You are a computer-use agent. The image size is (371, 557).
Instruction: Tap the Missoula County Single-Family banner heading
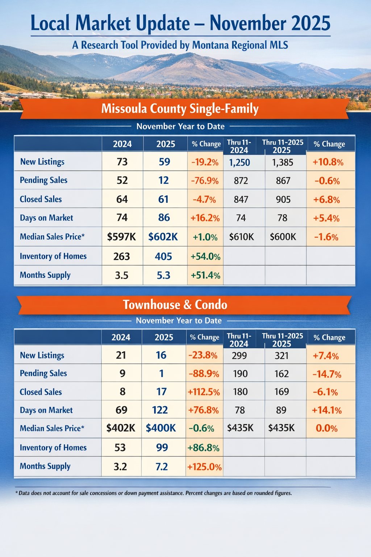(x=180, y=108)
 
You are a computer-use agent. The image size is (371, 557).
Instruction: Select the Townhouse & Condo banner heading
(x=175, y=305)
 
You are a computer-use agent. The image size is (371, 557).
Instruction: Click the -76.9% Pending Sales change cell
(x=205, y=181)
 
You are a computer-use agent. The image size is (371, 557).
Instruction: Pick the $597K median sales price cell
(x=122, y=237)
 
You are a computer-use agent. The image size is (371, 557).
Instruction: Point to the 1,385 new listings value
(x=283, y=162)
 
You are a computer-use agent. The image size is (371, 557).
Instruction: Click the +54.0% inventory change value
(x=205, y=256)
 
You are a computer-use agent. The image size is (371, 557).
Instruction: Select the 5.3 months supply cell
(x=163, y=275)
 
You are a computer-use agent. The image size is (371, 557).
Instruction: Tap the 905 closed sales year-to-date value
(x=283, y=199)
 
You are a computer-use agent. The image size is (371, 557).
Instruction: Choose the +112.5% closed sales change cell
(x=204, y=392)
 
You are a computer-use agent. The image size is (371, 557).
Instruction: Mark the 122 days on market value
(x=160, y=410)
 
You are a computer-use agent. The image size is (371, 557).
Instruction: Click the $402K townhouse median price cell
(x=121, y=428)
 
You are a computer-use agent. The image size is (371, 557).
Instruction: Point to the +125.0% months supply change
(x=204, y=467)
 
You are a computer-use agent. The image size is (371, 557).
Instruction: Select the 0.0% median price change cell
(x=326, y=428)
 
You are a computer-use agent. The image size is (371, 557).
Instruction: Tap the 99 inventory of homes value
(x=162, y=447)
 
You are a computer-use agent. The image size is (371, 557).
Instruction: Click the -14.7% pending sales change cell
(x=327, y=374)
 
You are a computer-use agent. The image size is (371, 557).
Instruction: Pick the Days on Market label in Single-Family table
(x=46, y=218)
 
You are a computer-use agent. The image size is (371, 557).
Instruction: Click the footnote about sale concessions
(x=154, y=493)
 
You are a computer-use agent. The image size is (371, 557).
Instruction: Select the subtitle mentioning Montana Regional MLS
(x=180, y=45)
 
